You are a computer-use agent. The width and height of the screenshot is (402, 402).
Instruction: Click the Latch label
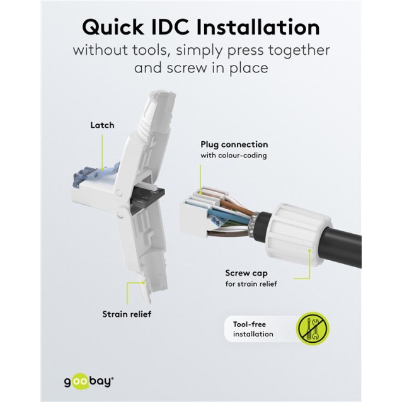coord(102,125)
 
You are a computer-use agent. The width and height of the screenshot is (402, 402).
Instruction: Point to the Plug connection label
coord(234,144)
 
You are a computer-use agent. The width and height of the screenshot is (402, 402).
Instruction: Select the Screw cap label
coord(246,273)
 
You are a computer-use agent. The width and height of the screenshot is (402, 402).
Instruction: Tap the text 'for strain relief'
coord(251,284)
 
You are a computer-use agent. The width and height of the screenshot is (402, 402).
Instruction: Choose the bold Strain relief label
coord(126,313)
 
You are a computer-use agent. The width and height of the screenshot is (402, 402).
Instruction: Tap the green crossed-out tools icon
coord(313,329)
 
